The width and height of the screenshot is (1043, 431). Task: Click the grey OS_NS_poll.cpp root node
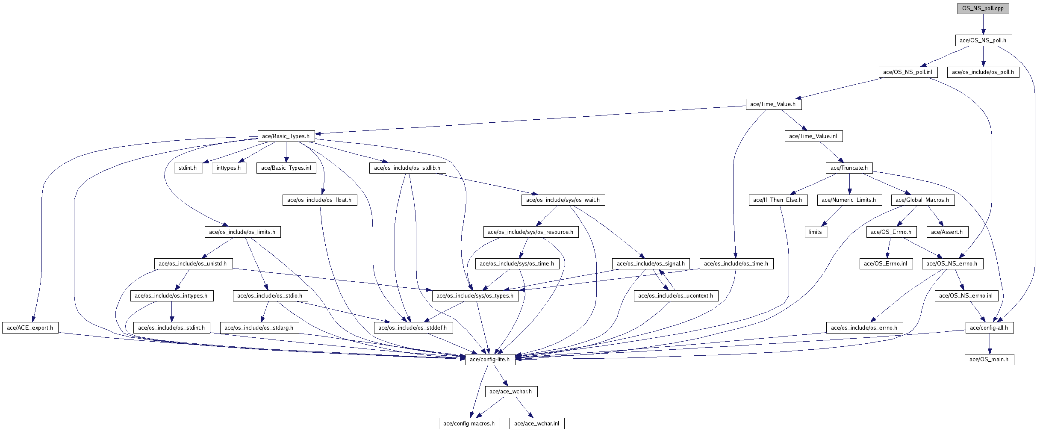[983, 9]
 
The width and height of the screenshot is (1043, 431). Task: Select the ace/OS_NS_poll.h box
[983, 41]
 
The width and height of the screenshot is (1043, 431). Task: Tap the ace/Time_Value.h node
[773, 104]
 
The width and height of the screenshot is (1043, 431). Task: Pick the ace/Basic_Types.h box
[286, 136]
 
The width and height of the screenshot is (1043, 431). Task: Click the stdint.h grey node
[188, 168]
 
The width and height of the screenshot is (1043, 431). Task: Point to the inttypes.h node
[229, 168]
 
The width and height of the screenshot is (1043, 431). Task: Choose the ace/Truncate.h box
[849, 168]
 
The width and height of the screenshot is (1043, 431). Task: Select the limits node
[815, 232]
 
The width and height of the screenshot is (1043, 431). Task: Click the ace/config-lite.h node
[489, 360]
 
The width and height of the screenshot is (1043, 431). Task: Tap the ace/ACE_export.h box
[30, 328]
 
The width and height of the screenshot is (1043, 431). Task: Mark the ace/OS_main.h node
[989, 360]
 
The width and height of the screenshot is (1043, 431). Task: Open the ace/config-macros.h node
[469, 424]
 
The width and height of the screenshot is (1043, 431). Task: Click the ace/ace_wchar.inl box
[536, 424]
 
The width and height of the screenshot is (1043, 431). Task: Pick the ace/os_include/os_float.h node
[319, 200]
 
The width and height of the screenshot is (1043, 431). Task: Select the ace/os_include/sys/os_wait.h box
[563, 200]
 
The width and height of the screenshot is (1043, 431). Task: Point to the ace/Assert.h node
[947, 232]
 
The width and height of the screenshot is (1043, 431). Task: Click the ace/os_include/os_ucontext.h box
[675, 296]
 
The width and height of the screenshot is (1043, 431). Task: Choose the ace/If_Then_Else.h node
[778, 200]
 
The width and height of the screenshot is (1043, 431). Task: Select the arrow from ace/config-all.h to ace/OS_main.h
[989, 344]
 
